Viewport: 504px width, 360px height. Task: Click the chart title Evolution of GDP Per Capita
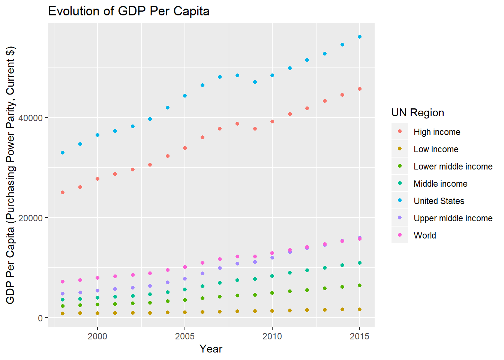(129, 11)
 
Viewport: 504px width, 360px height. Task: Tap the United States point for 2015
(360, 37)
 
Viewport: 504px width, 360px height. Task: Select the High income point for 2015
(360, 89)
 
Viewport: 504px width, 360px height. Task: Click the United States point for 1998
(63, 153)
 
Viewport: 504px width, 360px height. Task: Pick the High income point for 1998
(63, 192)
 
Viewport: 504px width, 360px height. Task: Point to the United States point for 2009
(255, 82)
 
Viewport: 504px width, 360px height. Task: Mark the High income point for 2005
(185, 148)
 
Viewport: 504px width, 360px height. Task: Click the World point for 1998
(63, 282)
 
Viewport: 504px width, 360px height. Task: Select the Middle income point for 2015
(360, 263)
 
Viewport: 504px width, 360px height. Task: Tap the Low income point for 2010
(272, 311)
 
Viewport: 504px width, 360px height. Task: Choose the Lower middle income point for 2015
(360, 285)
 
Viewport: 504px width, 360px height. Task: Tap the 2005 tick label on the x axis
(185, 336)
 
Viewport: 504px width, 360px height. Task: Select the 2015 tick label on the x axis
(360, 336)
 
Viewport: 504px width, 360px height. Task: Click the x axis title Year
(211, 349)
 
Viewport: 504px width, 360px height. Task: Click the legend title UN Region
(417, 113)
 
